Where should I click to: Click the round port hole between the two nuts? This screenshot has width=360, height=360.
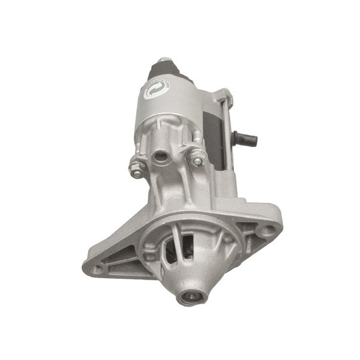click(x=161, y=157)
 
